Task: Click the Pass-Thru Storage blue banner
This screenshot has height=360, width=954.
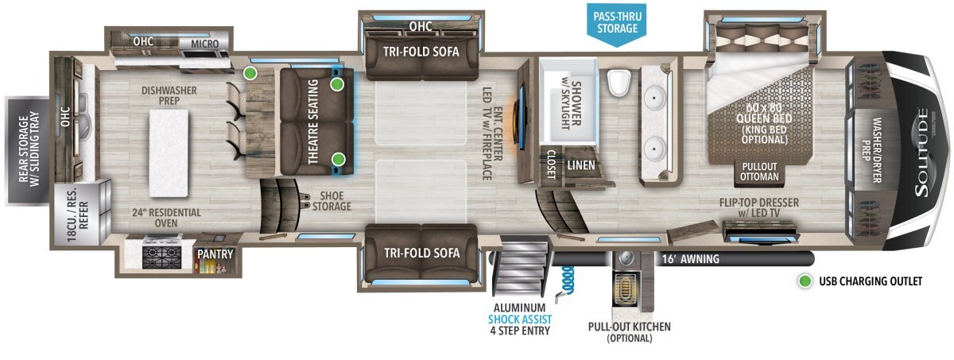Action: pos(617,23)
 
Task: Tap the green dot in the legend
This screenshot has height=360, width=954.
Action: pos(805,281)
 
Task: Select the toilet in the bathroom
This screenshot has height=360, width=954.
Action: pos(619,83)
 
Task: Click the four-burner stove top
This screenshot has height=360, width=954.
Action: pos(161,257)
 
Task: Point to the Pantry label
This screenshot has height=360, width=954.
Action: pos(215,254)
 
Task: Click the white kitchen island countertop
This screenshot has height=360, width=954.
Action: pos(169,153)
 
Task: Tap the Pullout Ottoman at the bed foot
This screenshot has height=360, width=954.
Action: pos(759,172)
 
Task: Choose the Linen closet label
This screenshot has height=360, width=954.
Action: pos(581,165)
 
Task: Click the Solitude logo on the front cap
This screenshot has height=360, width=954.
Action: pos(922,153)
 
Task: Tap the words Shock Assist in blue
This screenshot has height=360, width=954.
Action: pos(520,319)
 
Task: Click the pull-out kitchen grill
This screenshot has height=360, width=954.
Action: pos(626,289)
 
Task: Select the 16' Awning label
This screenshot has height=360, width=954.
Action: pos(690,259)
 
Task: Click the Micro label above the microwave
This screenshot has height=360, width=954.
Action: pos(204,44)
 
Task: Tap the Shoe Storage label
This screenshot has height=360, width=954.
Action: pos(332,201)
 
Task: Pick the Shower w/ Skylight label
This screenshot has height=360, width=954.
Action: pos(571,103)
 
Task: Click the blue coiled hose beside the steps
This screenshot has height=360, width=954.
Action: pos(564,281)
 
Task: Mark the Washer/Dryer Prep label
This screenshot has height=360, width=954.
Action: pos(871,150)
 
